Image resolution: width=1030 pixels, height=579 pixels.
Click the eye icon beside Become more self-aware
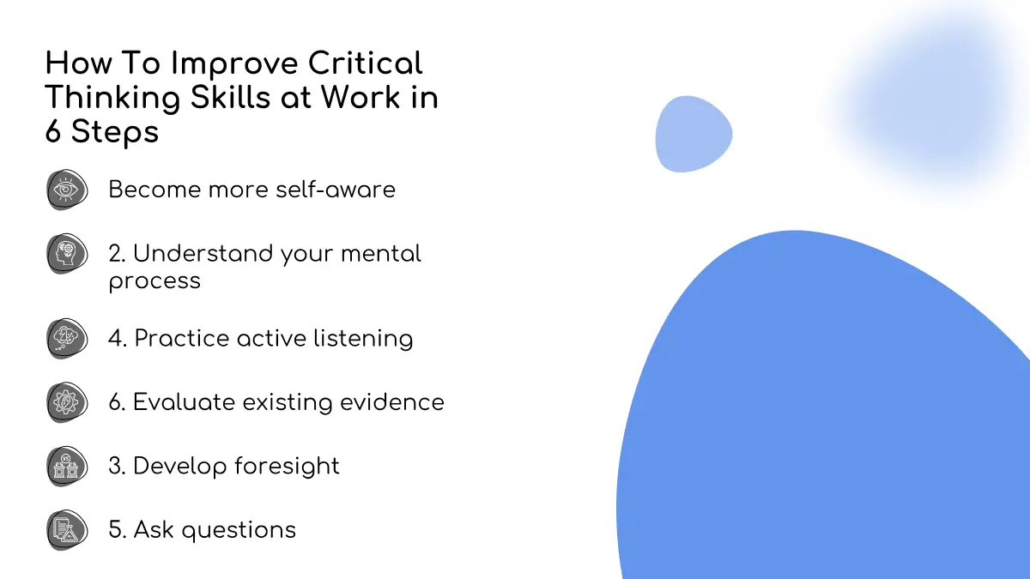67,190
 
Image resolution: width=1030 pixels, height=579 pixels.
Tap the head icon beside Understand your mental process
67,253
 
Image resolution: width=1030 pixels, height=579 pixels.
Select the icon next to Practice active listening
67,338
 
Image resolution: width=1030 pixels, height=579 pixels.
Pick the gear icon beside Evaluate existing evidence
67,402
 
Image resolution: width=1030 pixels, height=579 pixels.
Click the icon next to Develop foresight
67,466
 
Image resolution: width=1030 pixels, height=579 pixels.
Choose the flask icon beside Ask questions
67,530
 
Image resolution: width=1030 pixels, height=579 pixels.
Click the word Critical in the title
365,63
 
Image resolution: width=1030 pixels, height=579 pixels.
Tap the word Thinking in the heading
112,98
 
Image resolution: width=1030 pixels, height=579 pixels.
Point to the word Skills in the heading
230,97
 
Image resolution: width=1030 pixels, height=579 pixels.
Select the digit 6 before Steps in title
53,131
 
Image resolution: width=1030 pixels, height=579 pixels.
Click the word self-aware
336,190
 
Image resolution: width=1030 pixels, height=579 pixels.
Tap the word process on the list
154,281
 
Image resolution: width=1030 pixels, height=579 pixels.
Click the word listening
363,339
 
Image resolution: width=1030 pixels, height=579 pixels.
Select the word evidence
392,402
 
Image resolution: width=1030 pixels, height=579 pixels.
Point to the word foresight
287,467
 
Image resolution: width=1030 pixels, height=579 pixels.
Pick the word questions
239,530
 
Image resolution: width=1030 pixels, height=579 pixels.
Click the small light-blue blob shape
694,134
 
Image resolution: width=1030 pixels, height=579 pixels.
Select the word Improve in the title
234,64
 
